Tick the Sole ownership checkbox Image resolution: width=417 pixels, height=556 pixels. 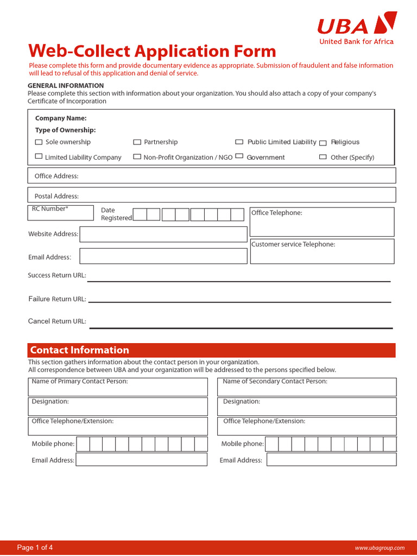pyautogui.click(x=39, y=142)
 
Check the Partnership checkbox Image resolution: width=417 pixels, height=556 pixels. pyautogui.click(x=137, y=142)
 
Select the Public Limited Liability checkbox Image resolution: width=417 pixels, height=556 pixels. pyautogui.click(x=239, y=142)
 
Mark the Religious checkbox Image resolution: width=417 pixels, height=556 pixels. pyautogui.click(x=323, y=143)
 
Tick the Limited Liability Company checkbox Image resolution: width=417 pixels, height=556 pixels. pyautogui.click(x=39, y=156)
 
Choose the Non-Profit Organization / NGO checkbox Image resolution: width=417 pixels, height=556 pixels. pyautogui.click(x=137, y=157)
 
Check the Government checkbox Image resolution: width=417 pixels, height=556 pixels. pyautogui.click(x=239, y=156)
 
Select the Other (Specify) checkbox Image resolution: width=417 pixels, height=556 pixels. pyautogui.click(x=323, y=157)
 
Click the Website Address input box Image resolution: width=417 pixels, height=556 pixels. pyautogui.click(x=163, y=235)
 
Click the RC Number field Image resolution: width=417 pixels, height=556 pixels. pyautogui.click(x=60, y=212)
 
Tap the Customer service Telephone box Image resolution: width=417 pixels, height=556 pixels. pyautogui.click(x=322, y=251)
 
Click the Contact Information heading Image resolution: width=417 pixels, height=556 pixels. pyautogui.click(x=80, y=350)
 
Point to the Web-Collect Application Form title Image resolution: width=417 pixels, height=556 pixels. pyautogui.click(x=152, y=51)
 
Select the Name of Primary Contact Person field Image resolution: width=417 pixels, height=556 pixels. pyautogui.click(x=118, y=387)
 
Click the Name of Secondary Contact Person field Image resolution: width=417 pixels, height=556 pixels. pyautogui.click(x=307, y=387)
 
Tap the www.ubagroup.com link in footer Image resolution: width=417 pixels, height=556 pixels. pyautogui.click(x=380, y=548)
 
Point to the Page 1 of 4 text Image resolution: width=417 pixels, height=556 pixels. pyautogui.click(x=35, y=547)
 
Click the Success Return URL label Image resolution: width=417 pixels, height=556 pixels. pyautogui.click(x=57, y=276)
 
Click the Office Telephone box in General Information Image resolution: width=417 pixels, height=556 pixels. pyautogui.click(x=322, y=222)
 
